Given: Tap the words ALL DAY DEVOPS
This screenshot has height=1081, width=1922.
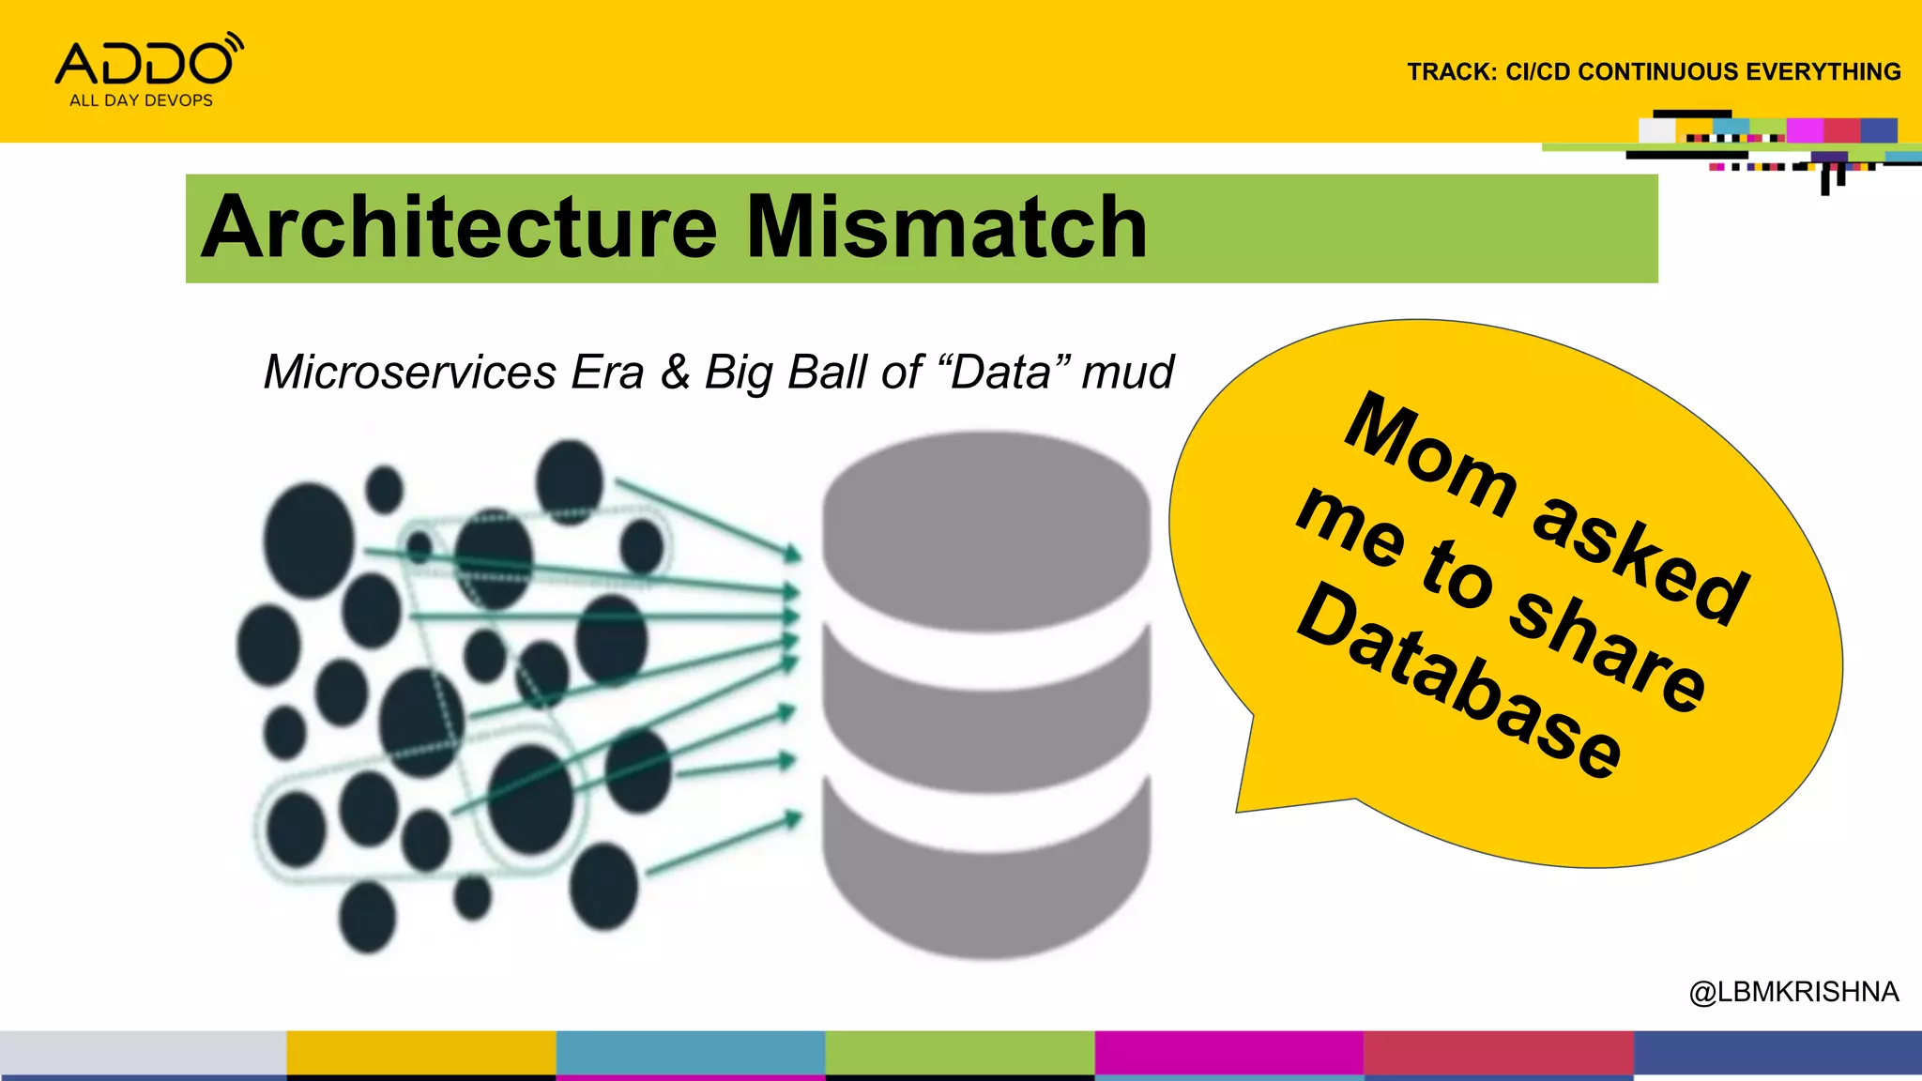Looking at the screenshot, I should coord(141,100).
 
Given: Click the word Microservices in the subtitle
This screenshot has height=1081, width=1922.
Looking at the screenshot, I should coord(410,373).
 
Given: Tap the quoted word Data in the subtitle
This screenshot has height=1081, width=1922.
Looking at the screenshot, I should coord(1000,373).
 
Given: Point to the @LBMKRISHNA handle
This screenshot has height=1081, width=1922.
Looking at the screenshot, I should coord(1793,992).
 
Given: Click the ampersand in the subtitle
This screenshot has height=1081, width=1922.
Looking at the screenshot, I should coord(675,373).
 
